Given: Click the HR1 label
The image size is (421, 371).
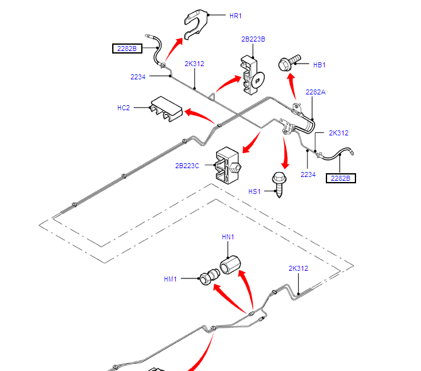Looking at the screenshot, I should [235, 15].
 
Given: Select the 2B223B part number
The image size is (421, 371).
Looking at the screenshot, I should [253, 39].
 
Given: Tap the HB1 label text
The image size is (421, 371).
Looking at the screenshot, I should [319, 64].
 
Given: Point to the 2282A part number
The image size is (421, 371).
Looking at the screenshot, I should [316, 92].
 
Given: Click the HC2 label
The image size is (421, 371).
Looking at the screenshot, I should [124, 108].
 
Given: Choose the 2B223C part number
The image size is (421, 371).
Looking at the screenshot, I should [187, 166].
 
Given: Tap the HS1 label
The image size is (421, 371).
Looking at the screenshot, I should [254, 191].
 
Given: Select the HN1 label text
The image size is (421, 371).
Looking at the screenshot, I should [228, 237].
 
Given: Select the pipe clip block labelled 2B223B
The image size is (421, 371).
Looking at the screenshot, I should [251, 73].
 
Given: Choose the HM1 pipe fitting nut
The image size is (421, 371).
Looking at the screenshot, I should [208, 277].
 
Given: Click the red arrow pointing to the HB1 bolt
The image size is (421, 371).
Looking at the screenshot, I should [292, 86].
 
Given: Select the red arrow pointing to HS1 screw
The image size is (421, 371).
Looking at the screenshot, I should [285, 151].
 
